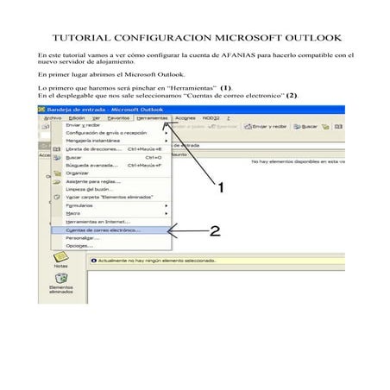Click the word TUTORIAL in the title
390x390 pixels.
click(x=83, y=39)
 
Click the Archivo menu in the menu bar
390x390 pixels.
click(x=53, y=118)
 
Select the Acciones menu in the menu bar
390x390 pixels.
click(x=186, y=118)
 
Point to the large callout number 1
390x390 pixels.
click(x=220, y=186)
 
